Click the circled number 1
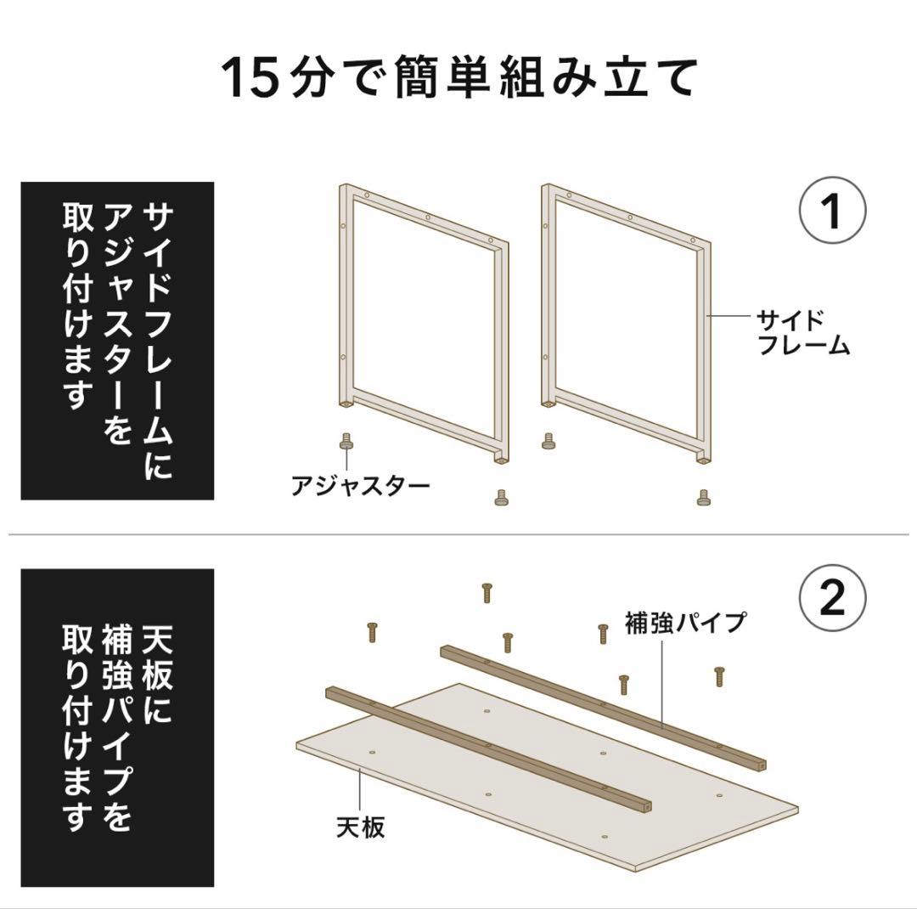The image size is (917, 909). point(832,211)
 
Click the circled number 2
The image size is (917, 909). point(832,598)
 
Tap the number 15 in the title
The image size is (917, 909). point(250,77)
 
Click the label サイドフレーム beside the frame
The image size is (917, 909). point(802,332)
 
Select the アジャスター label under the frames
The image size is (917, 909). point(360,487)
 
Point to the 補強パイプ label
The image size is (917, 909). point(684,623)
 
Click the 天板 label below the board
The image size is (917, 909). point(360,826)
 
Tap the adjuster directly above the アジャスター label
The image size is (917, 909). point(346,442)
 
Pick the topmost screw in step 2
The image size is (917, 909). point(487,592)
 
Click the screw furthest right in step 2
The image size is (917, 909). point(719,676)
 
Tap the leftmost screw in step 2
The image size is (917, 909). point(371,631)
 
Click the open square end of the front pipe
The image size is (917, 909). point(649,803)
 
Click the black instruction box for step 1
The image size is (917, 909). point(116,340)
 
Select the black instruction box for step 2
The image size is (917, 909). point(116,727)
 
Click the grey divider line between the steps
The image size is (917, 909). point(458,534)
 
